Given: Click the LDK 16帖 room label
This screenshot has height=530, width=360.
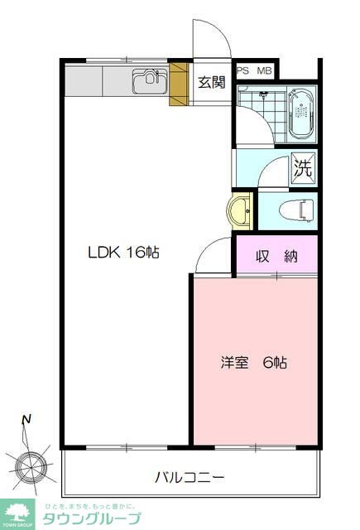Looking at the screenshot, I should (124, 253).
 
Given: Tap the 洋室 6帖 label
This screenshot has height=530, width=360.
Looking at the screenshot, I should (254, 362).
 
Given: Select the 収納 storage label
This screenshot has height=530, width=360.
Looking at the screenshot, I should (276, 256).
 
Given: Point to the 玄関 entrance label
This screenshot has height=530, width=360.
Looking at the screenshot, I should (212, 82).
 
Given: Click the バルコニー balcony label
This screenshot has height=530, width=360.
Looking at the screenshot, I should (190, 478).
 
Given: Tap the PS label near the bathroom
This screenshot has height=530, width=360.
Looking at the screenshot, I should (242, 71).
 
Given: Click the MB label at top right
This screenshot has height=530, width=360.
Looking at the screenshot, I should (265, 71).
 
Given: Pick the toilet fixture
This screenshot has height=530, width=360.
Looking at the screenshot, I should (296, 211).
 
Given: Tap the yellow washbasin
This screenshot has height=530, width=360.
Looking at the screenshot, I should (241, 210).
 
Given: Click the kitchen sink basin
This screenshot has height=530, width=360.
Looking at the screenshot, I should (149, 81).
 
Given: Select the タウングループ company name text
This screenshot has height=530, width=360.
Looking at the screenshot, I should (88, 519).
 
